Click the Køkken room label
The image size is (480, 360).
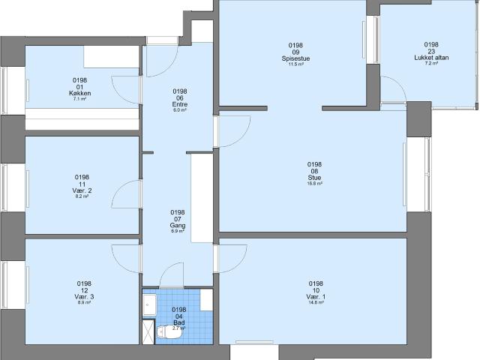coord(80,92)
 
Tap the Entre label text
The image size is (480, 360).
coord(179,103)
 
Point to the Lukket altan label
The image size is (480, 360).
coord(431,57)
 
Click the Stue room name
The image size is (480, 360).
coord(314,178)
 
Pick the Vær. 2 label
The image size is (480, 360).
coord(82,190)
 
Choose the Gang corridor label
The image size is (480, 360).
coord(178,225)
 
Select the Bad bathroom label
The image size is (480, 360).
coord(178,322)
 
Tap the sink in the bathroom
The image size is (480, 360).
coord(149,305)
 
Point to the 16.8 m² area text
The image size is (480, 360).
coord(314,184)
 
